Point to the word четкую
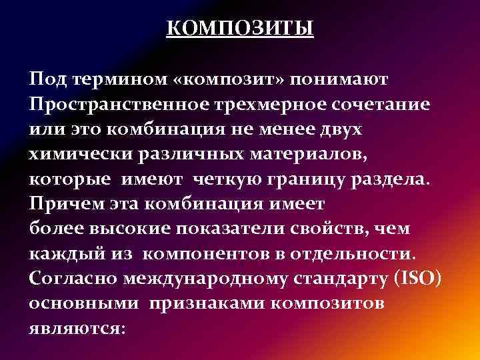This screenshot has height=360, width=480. [229, 181]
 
